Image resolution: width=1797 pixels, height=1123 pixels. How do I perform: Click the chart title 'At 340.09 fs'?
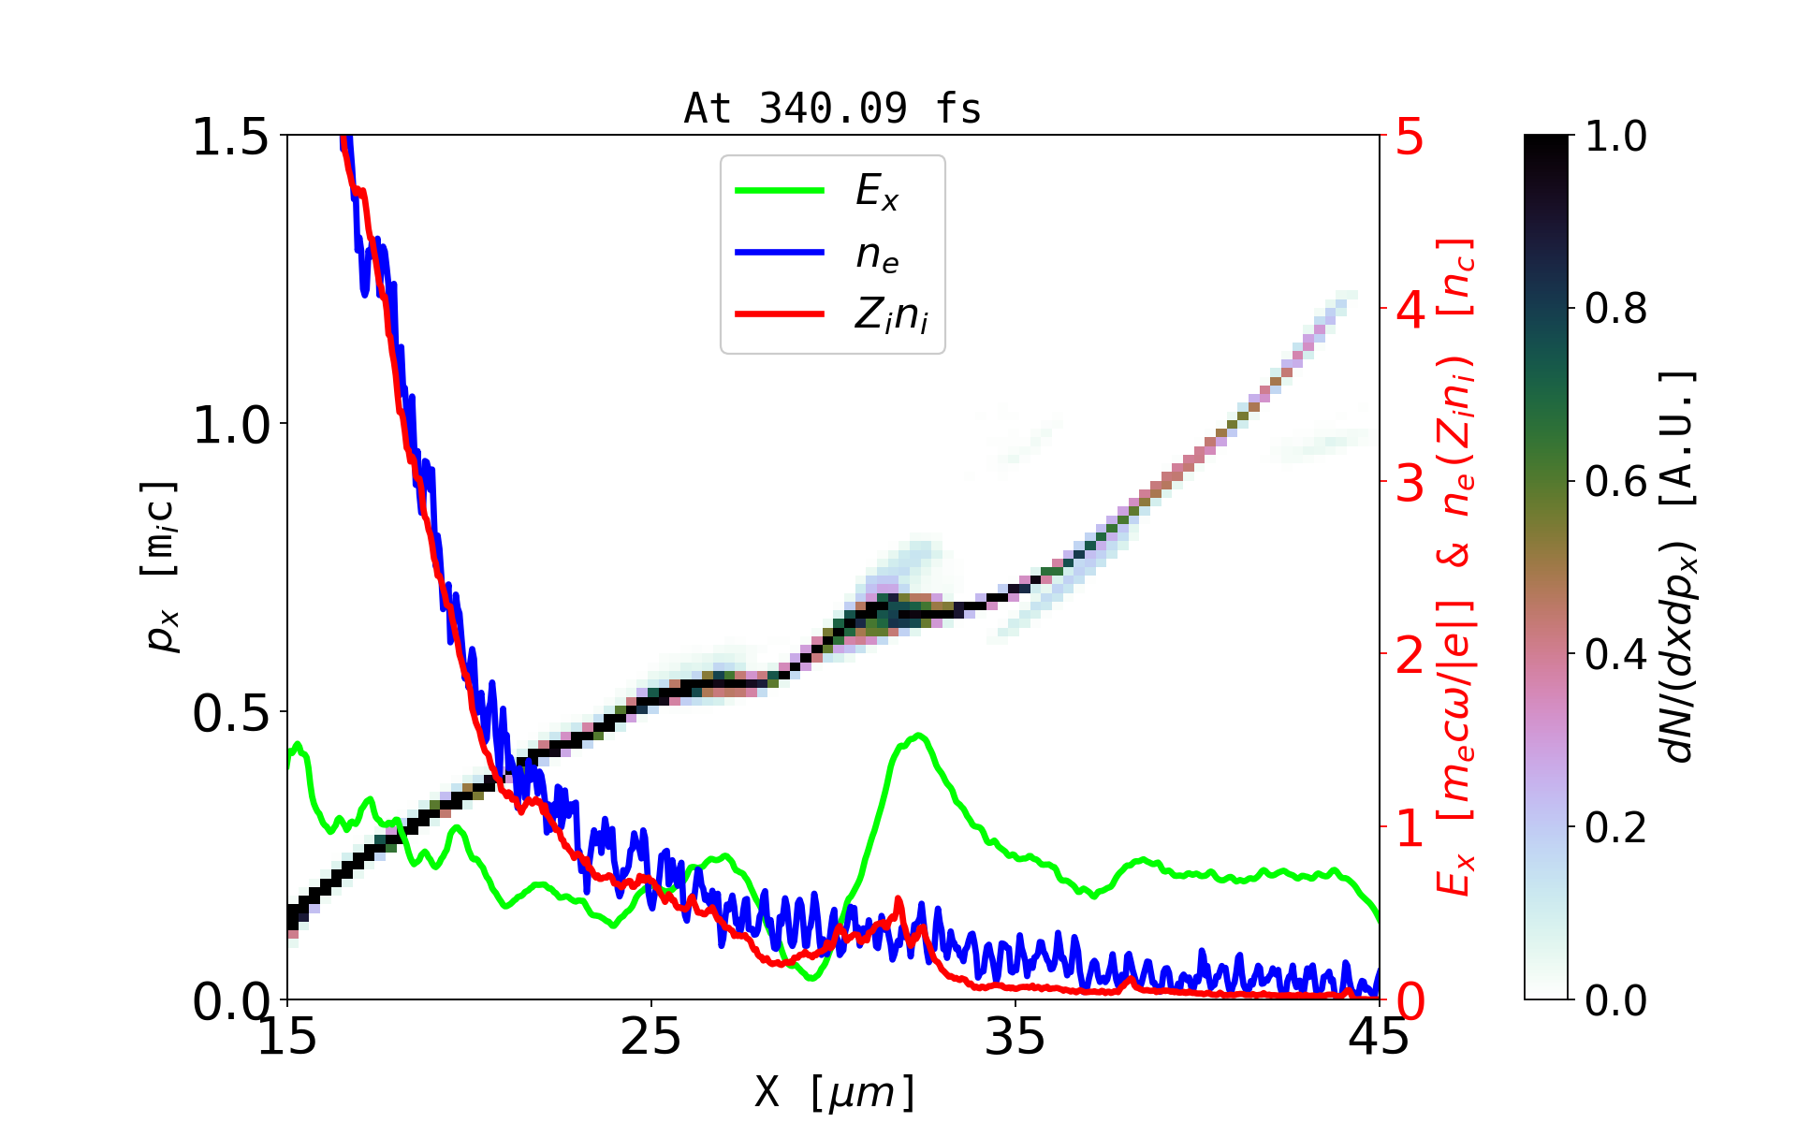tap(832, 109)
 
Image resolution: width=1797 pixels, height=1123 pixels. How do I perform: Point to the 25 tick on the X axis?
tap(650, 1038)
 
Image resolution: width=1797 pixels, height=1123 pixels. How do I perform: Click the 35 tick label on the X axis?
tap(1015, 1038)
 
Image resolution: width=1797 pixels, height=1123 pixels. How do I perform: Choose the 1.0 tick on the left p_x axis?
tap(230, 424)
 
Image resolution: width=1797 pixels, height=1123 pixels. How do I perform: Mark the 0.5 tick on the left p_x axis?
tap(230, 713)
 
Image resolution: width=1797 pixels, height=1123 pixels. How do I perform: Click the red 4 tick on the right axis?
tap(1410, 309)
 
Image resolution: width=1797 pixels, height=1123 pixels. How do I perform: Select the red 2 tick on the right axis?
tap(1410, 655)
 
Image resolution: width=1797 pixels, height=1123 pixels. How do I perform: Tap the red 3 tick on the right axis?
tap(1410, 482)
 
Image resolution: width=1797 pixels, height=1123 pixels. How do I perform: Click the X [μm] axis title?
tap(835, 1091)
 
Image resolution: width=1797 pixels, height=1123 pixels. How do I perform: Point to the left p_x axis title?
tap(159, 566)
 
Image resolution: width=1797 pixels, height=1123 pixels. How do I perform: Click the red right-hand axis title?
tap(1456, 566)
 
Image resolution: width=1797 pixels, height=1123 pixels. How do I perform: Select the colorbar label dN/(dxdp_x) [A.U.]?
tap(1681, 566)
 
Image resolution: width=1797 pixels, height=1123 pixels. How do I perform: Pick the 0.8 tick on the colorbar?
tap(1615, 309)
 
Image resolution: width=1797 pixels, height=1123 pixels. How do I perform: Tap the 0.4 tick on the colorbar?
tap(1615, 655)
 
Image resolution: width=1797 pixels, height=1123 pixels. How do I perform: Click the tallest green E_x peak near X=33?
tap(919, 736)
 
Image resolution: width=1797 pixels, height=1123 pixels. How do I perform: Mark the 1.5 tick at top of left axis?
tap(230, 137)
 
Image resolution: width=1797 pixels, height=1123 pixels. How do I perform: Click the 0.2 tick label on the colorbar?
tap(1615, 828)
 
